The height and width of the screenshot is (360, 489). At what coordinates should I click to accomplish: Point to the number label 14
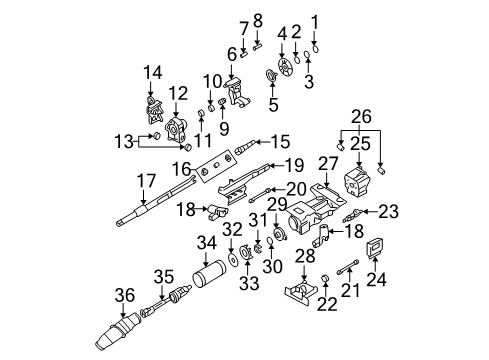(x=151, y=71)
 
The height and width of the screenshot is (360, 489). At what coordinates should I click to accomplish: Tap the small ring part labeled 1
(x=316, y=46)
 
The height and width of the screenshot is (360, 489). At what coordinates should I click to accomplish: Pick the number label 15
(x=280, y=141)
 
